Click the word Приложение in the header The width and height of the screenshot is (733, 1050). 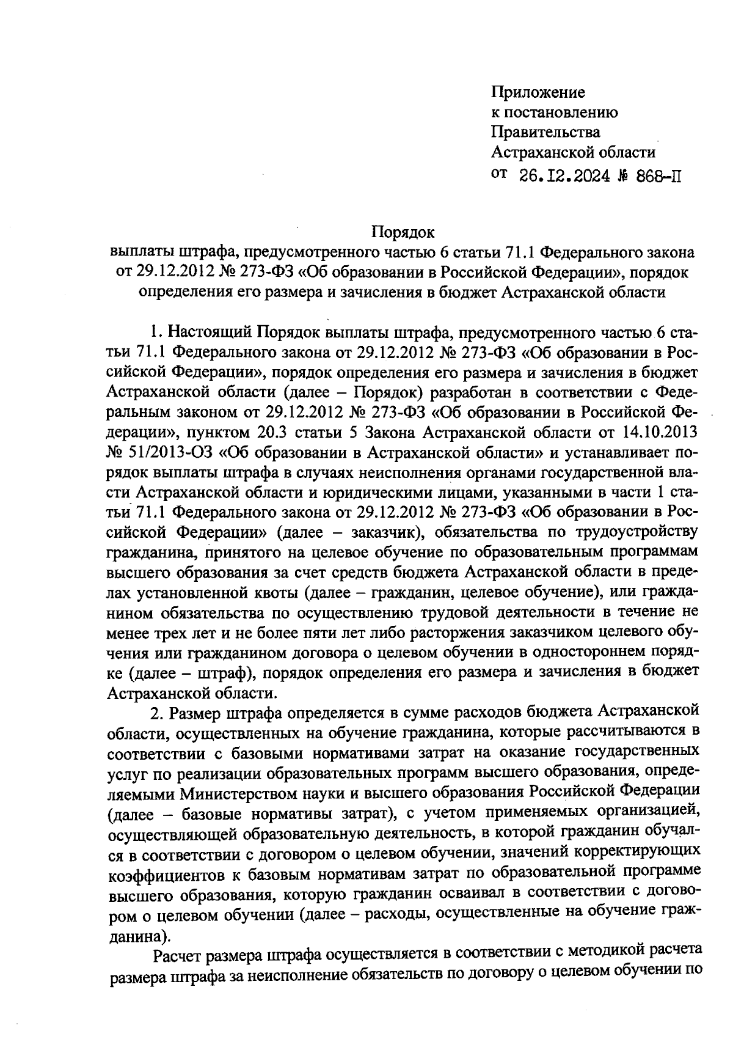[x=538, y=92]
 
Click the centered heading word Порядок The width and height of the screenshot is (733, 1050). [x=403, y=232]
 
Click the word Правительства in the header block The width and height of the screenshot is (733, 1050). [x=546, y=132]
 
